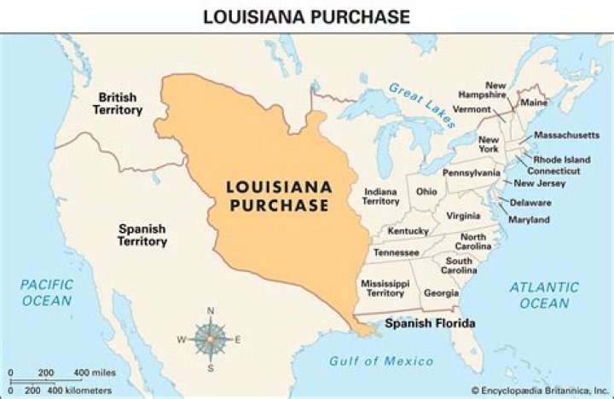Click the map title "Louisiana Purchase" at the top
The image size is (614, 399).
tap(306, 16)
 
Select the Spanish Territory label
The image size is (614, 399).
tap(142, 235)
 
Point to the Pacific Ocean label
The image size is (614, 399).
tap(47, 292)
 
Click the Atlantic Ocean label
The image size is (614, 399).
tap(543, 295)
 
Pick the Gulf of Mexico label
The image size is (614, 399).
tap(381, 361)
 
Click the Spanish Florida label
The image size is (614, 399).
tap(429, 324)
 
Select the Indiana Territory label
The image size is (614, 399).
tap(381, 196)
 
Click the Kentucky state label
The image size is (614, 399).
tap(408, 231)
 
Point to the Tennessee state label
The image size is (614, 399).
tap(395, 252)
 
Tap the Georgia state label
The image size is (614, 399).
tap(440, 292)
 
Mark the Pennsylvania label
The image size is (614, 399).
tap(472, 172)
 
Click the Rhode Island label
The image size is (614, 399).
tap(560, 159)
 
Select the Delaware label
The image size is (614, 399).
tap(530, 203)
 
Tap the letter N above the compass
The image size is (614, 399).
tap(211, 310)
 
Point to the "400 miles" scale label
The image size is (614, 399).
tap(94, 373)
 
